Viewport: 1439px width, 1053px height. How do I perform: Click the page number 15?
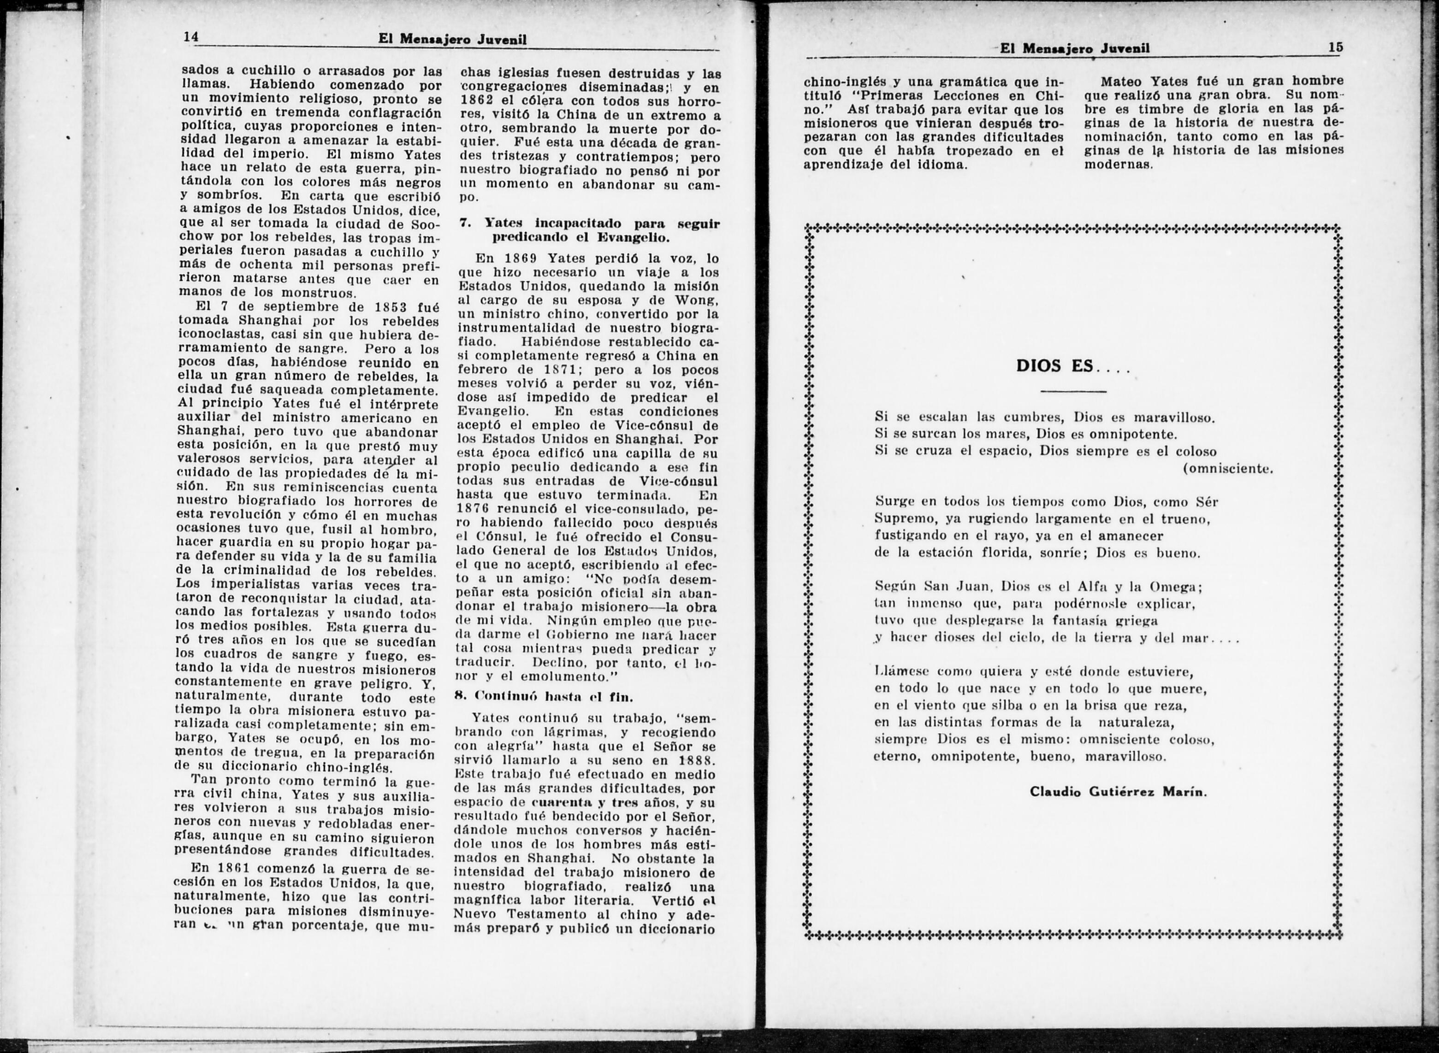(1335, 47)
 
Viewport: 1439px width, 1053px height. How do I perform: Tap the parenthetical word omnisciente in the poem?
(1227, 469)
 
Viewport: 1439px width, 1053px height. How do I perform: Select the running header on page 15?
(1075, 48)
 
